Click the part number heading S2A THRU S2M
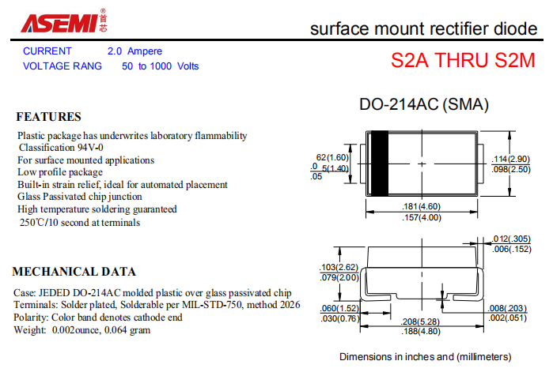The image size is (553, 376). point(463,60)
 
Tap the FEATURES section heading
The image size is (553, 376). point(49,117)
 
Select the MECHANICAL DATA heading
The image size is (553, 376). point(74,272)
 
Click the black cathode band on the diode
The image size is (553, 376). point(380,164)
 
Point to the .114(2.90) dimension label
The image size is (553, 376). point(511,159)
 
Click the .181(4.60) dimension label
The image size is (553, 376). point(422,206)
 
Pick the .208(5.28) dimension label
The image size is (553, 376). point(420,321)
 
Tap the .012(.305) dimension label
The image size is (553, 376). point(511,239)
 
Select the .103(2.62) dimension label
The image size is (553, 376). point(339,267)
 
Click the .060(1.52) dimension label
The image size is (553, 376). point(339,308)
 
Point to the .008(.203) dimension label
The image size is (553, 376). point(507,308)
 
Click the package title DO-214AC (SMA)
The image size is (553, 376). point(424,104)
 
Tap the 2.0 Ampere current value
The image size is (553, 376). point(134,51)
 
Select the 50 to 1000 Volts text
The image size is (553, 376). point(160,66)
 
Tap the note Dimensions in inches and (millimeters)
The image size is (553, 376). point(426,357)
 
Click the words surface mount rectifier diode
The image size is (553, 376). point(424,29)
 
